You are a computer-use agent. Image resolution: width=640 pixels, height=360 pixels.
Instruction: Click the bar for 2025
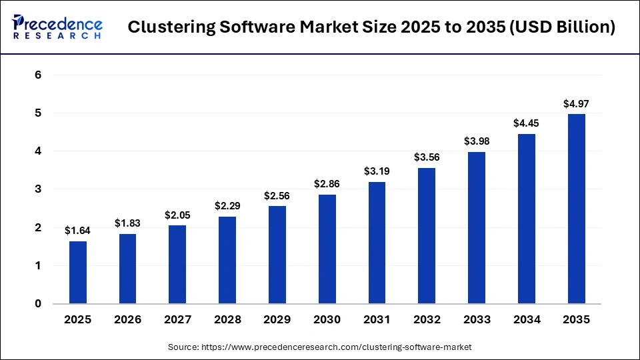click(x=78, y=273)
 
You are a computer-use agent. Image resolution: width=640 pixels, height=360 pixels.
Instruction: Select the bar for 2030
click(x=327, y=249)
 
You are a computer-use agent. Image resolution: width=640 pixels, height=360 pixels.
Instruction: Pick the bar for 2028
click(x=227, y=260)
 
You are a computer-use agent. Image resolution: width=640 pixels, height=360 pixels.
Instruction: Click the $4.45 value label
click(x=527, y=123)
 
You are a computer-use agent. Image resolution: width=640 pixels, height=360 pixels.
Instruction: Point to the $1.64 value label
click(x=78, y=230)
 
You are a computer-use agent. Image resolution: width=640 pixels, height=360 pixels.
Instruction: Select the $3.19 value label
click(x=377, y=171)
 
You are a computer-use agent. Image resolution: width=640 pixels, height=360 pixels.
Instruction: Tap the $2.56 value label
click(x=277, y=195)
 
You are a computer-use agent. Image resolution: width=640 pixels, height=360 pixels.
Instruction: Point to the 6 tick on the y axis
click(x=38, y=75)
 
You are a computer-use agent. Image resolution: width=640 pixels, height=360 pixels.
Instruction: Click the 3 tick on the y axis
click(x=38, y=189)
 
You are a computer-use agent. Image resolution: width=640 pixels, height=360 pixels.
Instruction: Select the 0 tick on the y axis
click(x=38, y=304)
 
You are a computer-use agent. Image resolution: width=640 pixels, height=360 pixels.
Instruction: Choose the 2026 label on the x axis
click(x=128, y=320)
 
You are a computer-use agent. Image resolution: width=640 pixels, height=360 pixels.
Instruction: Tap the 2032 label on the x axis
click(x=427, y=320)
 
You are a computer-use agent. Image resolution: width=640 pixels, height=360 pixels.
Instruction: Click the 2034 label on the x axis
click(x=527, y=320)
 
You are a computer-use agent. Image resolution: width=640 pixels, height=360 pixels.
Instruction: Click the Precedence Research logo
click(x=57, y=27)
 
